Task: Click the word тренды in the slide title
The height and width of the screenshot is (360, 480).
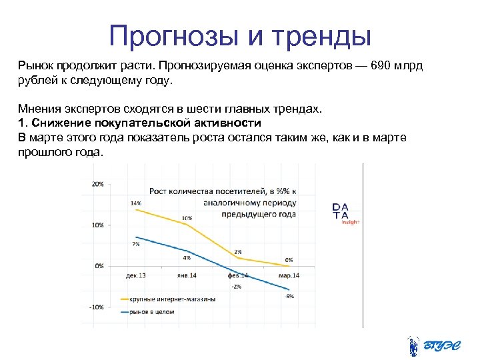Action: pos(323,36)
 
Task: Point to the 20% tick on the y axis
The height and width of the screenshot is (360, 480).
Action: pos(97,183)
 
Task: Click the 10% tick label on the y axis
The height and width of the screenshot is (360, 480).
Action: pos(97,225)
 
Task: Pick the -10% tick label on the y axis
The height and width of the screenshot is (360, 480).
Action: pos(96,307)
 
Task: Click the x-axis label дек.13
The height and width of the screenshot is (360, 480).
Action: pos(136,275)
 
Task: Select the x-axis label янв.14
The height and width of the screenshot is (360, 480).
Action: pos(186,275)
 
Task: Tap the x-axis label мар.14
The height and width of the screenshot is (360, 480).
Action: pos(289,275)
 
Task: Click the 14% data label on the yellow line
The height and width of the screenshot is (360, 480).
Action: pos(135,203)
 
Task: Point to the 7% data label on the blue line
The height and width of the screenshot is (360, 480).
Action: pos(135,244)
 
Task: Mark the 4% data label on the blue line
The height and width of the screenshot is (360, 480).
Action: pos(186,257)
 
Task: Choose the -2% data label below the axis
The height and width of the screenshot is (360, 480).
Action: pos(236,287)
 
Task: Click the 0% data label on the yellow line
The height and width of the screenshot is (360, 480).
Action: pos(289,259)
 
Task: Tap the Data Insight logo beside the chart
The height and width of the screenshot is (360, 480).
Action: pos(344,213)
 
